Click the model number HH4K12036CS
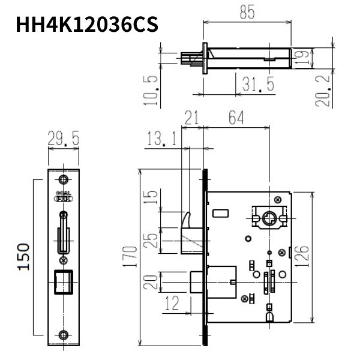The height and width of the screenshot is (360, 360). click(87, 25)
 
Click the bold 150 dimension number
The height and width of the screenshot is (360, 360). click(23, 256)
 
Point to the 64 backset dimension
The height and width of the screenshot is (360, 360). click(236, 119)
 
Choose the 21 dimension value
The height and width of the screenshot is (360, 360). click(191, 119)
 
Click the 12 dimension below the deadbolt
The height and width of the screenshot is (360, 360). click(171, 304)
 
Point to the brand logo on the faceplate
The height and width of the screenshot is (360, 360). click(64, 196)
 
